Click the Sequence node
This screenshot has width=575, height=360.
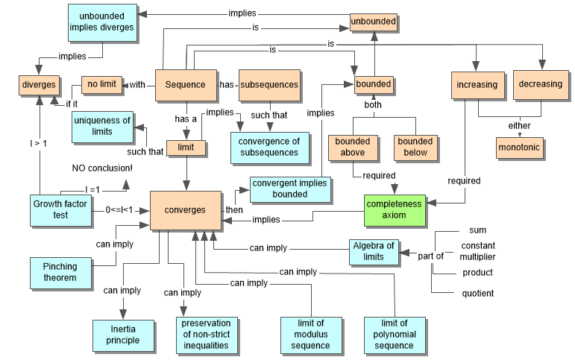[x=185, y=84]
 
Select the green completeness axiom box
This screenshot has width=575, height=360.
[x=393, y=209]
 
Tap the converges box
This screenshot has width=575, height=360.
[x=185, y=209]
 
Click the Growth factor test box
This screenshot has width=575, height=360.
[x=60, y=209]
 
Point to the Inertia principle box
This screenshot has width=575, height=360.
[x=123, y=335]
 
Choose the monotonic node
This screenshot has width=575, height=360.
[x=519, y=148]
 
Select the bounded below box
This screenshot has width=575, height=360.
[x=415, y=147]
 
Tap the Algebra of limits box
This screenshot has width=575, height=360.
[x=374, y=251]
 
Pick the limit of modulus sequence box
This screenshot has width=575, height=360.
[x=310, y=335]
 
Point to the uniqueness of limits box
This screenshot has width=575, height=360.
[x=102, y=126]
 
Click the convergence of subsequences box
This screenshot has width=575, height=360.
[x=269, y=147]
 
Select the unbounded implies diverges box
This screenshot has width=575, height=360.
[x=101, y=22]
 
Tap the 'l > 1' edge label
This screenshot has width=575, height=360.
[x=39, y=143]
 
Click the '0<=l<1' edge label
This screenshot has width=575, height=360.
[x=119, y=210]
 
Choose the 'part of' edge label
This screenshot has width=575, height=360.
[x=430, y=256]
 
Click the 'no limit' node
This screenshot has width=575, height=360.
[x=101, y=83]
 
